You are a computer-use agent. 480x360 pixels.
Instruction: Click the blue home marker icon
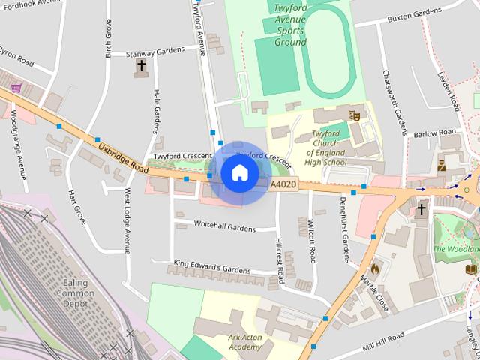tap(239, 173)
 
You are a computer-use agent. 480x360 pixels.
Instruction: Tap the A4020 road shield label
tap(282, 184)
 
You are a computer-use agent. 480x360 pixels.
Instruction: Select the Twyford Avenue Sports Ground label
tap(290, 25)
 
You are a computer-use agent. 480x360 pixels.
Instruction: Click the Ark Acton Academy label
tap(245, 342)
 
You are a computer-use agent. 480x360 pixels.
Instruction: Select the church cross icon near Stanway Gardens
tap(141, 67)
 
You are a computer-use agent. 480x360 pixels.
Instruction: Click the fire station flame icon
tap(375, 267)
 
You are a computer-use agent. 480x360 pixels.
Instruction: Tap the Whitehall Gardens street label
tap(225, 226)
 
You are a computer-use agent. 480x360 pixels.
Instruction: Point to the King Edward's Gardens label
tap(211, 265)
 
